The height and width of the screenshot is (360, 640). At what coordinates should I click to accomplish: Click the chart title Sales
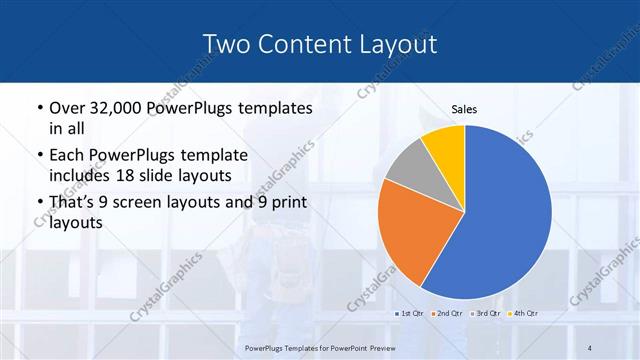click(464, 108)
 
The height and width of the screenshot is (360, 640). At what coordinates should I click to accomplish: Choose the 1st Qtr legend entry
click(410, 314)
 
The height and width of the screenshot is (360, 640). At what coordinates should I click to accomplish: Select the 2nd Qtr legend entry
click(447, 314)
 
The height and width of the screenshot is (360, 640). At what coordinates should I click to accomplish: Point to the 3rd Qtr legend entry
click(485, 314)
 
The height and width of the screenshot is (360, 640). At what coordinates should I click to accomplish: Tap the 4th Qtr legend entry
click(522, 314)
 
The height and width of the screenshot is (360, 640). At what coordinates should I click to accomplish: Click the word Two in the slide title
click(226, 44)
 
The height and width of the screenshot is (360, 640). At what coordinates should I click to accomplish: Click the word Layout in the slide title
click(400, 44)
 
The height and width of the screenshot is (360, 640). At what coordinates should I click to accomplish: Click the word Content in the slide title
click(304, 44)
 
